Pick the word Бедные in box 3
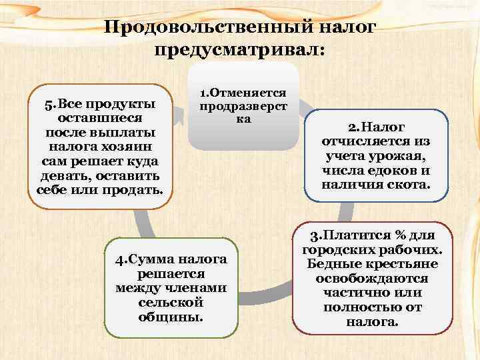[331, 265]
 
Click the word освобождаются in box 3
[373, 279]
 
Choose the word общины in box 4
[170, 316]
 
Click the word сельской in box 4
[171, 302]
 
